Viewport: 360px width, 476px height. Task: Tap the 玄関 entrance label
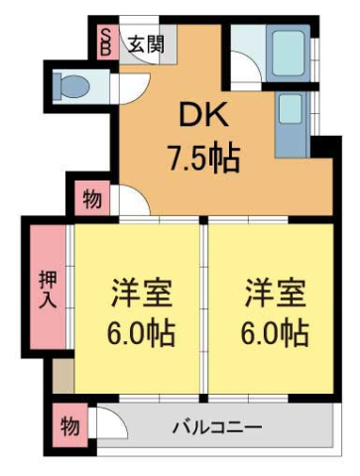(x=146, y=45)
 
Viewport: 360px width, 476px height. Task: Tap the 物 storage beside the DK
(x=90, y=200)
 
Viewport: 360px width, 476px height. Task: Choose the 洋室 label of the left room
(x=140, y=295)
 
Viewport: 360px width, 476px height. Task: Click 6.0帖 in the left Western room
(x=140, y=334)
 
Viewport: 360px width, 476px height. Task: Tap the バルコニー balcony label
(x=217, y=428)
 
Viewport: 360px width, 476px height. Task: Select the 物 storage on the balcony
(x=68, y=429)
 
